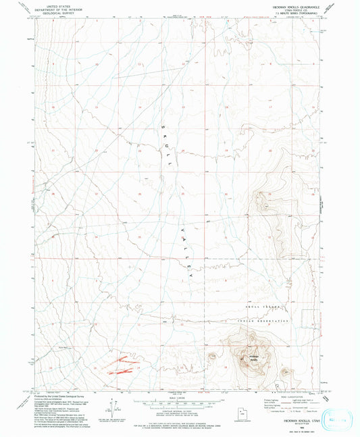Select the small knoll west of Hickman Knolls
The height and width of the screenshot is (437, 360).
click(x=213, y=357)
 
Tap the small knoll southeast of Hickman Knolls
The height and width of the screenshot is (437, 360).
click(x=286, y=372)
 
